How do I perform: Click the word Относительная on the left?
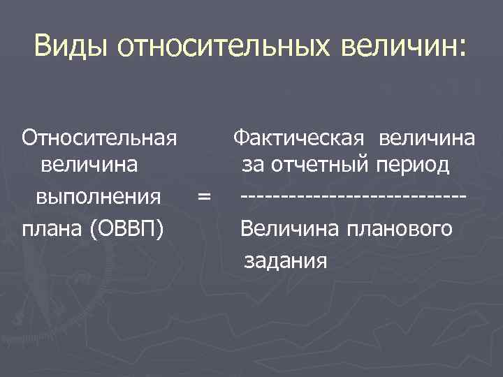[x=99, y=138]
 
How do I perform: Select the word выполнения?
[x=99, y=196]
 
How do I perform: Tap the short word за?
[x=252, y=166]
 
